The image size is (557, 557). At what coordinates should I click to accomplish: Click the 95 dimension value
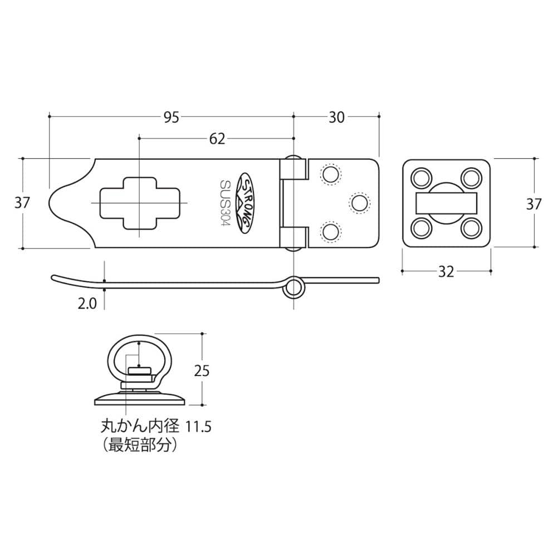[x=171, y=117]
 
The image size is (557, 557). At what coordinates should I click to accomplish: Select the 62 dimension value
[x=217, y=139]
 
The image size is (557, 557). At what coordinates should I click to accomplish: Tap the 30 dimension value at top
[x=336, y=117]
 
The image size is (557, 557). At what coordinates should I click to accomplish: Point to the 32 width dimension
[x=446, y=272]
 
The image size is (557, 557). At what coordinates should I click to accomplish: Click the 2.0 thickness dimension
[x=87, y=304]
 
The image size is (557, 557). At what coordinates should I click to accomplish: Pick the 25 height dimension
[x=202, y=371]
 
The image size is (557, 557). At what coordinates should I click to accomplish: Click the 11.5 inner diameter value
[x=198, y=427]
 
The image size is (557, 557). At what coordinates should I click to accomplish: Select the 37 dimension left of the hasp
[x=22, y=203]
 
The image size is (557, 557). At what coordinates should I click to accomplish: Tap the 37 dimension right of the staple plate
[x=534, y=204]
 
